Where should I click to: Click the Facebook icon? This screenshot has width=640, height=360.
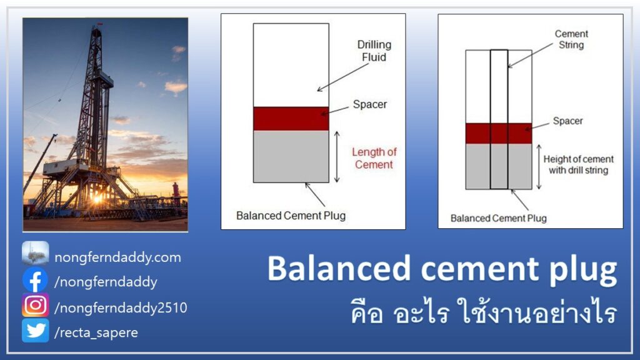pos(36,280)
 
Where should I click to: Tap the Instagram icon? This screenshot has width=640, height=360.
pos(36,305)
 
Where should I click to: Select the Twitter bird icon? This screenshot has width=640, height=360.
pos(36,330)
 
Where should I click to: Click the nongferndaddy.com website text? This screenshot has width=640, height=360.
pos(117,257)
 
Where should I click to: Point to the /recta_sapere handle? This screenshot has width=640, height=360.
pos(96,332)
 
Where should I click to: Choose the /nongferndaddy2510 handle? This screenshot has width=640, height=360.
pos(121,307)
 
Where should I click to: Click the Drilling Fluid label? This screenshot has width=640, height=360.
pos(374,51)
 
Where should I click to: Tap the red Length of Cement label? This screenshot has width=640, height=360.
pos(374,158)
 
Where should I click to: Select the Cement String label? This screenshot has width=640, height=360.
pos(571,39)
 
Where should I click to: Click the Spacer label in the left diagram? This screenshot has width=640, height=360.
pos(370,104)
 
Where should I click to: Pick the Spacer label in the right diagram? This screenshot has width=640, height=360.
pos(567,121)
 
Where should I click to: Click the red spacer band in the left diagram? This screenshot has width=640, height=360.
pos(291,119)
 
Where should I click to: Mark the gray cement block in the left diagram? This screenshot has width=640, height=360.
pos(291,156)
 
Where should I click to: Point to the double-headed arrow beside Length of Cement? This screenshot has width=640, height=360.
pos(337,157)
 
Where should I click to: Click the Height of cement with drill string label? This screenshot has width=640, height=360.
pos(578,164)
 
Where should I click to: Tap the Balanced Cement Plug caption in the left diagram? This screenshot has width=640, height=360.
pos(291,216)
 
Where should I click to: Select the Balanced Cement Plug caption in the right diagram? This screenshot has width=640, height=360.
pos(498,218)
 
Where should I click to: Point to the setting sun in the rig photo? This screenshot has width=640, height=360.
pos(97,199)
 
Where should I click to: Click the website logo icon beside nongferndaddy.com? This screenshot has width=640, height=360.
pos(36,254)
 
